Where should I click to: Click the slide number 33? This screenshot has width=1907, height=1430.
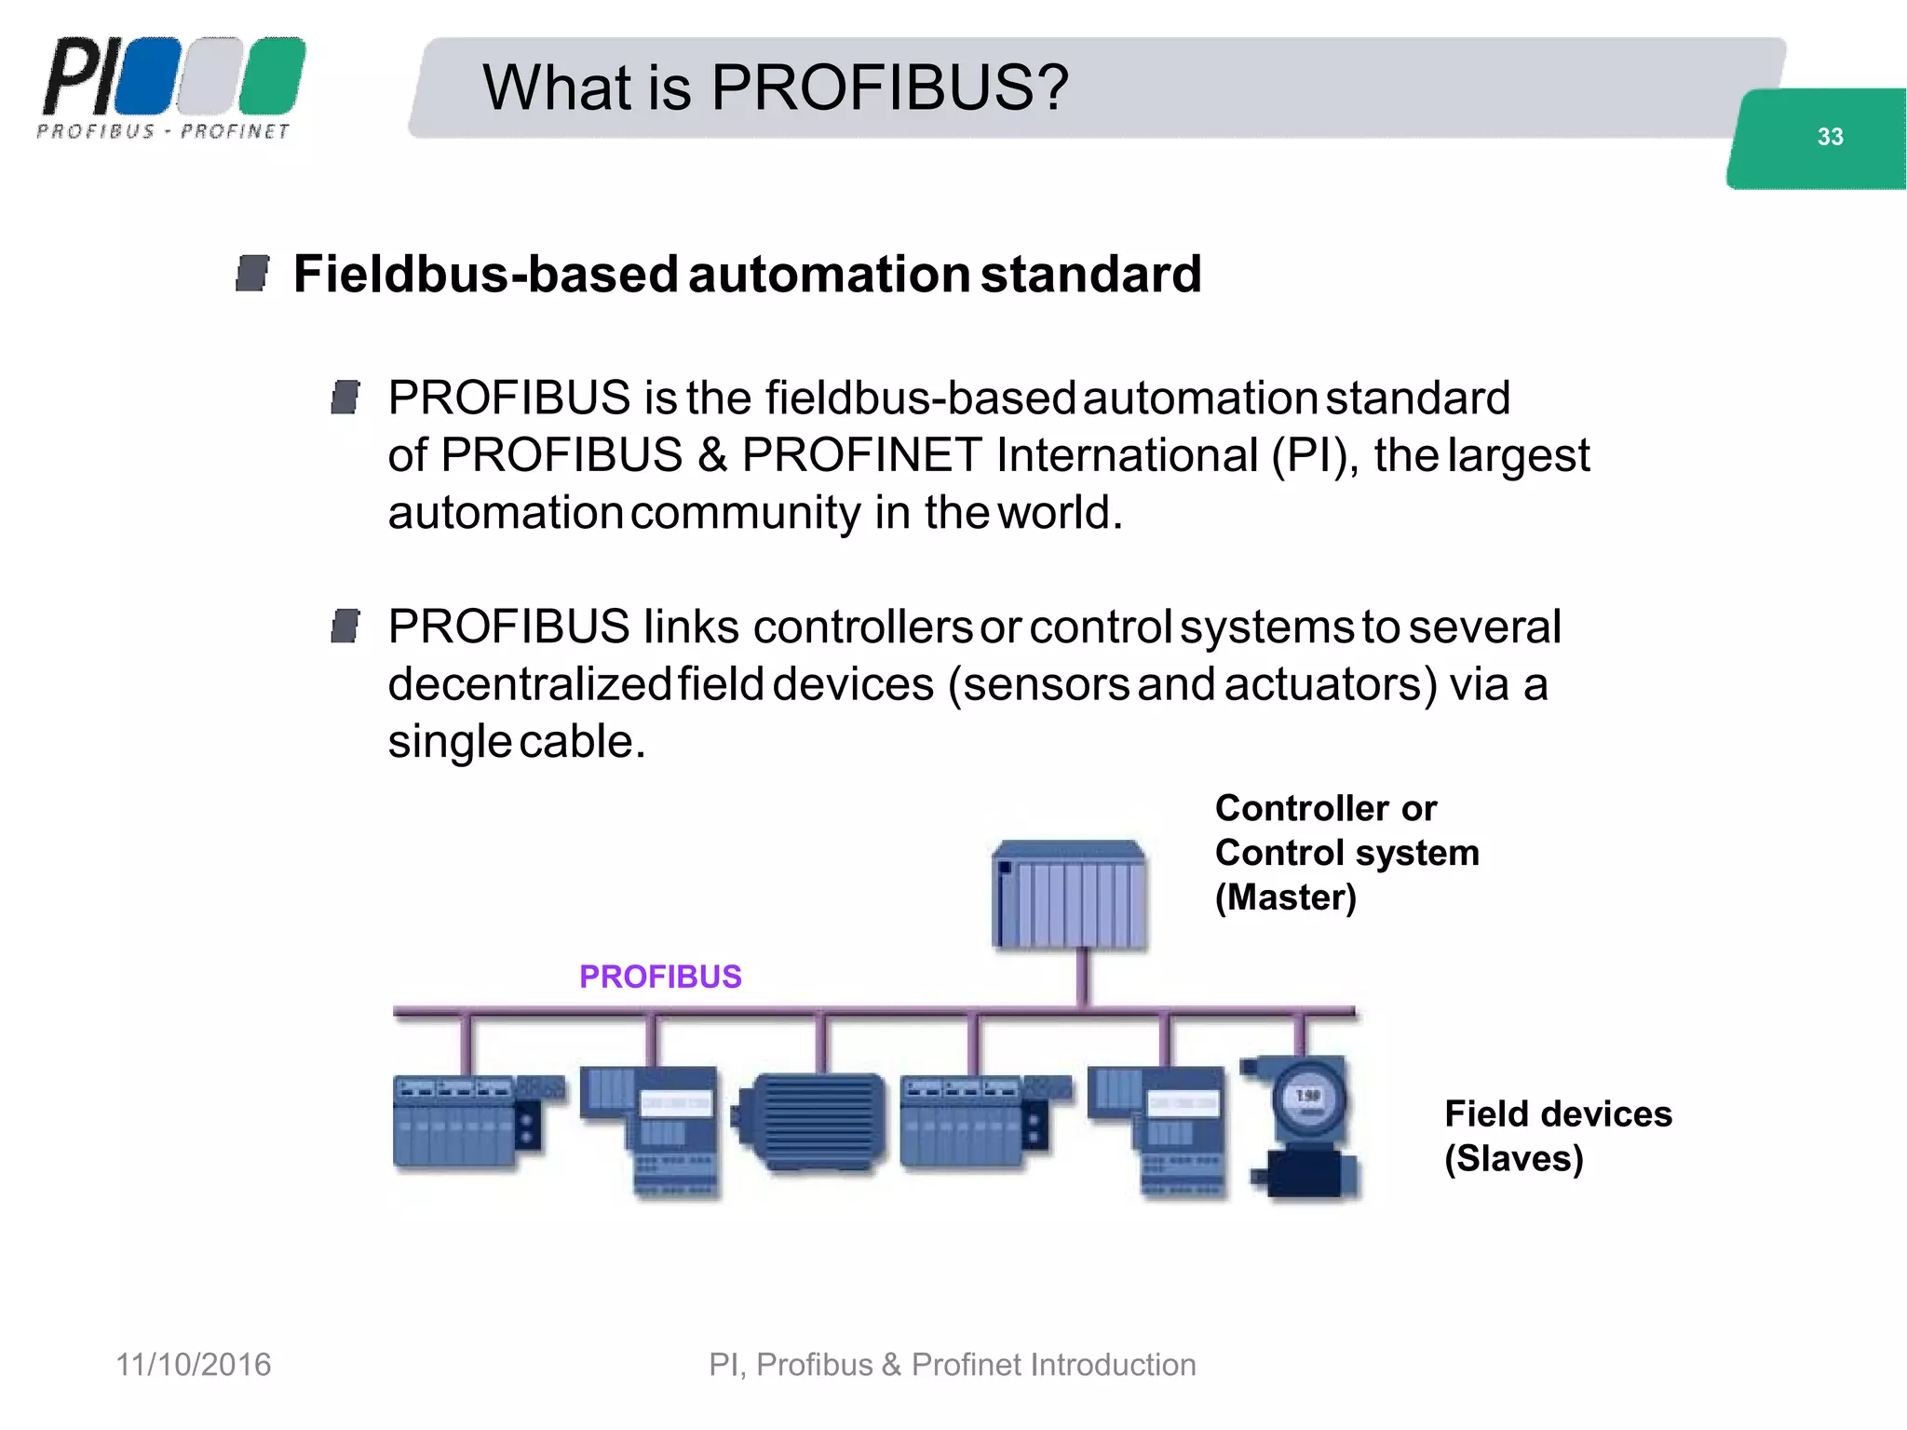pos(1830,137)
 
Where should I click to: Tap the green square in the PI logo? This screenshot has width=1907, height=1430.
pos(272,75)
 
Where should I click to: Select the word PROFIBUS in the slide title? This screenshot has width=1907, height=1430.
pos(889,88)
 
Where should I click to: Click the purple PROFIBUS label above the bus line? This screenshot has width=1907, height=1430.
pos(660,977)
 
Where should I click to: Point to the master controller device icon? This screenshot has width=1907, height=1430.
pos(1069,895)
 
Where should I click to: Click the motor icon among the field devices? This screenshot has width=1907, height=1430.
pos(810,1121)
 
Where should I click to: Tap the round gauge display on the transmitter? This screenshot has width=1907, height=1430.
pos(1309,1099)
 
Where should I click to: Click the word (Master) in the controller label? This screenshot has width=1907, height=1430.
pos(1285,897)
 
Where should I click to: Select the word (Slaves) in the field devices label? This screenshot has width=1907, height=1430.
pos(1513,1158)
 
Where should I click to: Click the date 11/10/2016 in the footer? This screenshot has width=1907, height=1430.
pos(193,1365)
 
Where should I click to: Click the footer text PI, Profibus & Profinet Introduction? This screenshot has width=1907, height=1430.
pos(952,1365)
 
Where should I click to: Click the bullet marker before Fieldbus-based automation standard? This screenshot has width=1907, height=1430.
pos(252,274)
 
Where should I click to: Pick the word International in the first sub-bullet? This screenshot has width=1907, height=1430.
pos(1127,455)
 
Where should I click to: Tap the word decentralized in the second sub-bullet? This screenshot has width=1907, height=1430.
pos(528,684)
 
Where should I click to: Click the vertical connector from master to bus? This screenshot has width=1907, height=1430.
pos(1083,978)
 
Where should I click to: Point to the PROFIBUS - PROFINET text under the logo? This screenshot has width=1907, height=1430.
pos(164,131)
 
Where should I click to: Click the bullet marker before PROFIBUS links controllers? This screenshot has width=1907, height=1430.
pos(345,627)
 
